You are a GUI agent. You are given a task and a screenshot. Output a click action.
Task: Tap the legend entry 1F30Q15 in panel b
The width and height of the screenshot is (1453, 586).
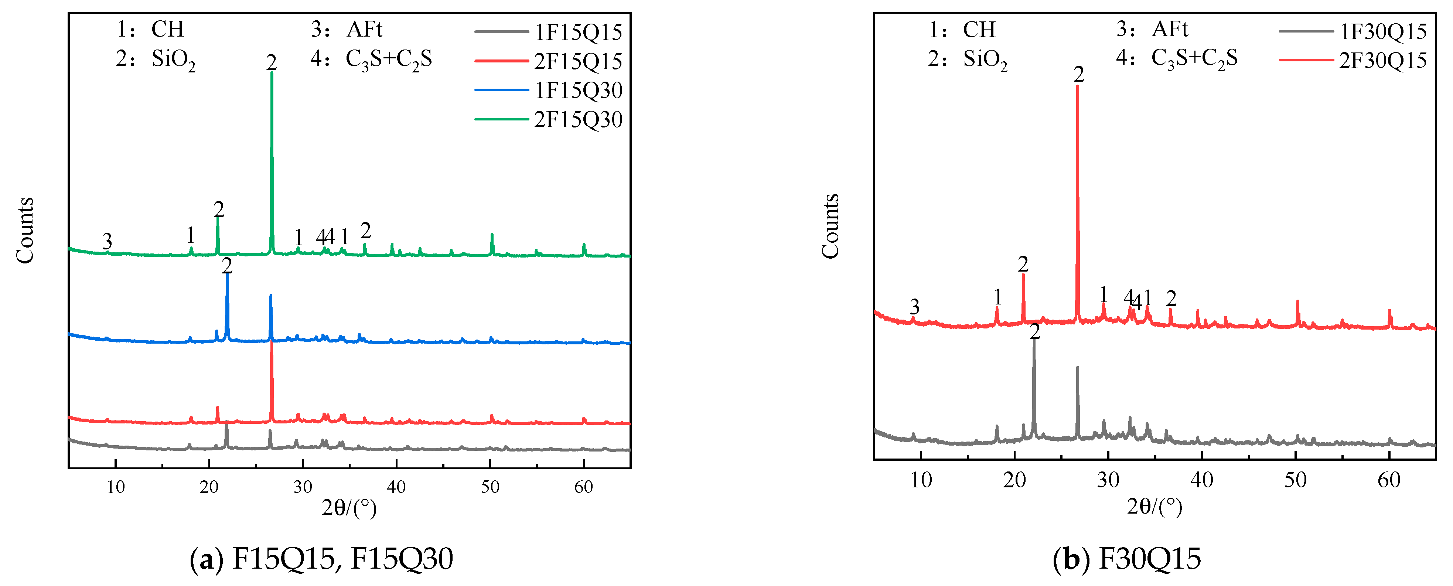[x=1383, y=31]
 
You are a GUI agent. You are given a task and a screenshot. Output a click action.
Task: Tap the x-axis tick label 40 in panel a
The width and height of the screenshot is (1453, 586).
[x=396, y=487]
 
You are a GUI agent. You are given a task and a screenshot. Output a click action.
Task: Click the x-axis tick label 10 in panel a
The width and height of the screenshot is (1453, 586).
[x=116, y=487]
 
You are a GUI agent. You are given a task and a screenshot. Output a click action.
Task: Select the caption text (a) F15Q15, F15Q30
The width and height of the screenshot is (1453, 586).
[x=321, y=558]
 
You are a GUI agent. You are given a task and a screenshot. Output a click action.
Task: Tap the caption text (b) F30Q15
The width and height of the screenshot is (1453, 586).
[x=1127, y=558]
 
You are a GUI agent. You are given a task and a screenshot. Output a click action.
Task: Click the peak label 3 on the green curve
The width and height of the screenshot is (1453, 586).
[x=107, y=241]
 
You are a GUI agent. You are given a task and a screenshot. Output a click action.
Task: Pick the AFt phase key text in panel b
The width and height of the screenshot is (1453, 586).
[x=1170, y=29]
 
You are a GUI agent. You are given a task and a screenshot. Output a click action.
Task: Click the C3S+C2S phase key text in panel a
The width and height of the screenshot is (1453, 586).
[x=389, y=59]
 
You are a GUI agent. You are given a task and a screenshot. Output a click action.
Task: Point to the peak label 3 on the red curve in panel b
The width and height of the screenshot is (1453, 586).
[x=914, y=307]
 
